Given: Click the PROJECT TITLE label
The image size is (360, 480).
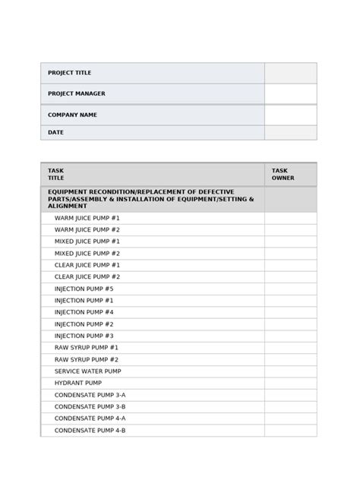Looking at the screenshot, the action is tap(69, 73).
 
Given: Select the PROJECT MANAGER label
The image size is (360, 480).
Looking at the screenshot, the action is tap(76, 93).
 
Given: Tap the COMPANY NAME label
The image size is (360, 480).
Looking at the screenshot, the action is tap(72, 115).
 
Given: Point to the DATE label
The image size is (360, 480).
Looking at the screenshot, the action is tap(55, 132).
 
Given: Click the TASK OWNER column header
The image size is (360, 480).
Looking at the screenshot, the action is tap(283, 174).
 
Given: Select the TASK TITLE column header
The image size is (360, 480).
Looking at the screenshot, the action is tap(56, 174).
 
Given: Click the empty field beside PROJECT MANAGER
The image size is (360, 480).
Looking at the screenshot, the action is tap(290, 93).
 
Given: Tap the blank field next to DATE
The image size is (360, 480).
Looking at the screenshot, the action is tap(290, 132).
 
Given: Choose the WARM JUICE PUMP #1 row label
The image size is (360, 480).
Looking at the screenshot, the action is tap(87, 218).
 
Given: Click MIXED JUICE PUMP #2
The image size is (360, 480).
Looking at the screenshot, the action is tap(87, 253).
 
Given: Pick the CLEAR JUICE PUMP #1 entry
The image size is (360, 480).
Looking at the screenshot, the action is tap(87, 265).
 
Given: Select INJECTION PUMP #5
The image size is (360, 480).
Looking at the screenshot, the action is tap(84, 289).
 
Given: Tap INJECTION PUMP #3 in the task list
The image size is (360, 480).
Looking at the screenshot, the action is tap(84, 336).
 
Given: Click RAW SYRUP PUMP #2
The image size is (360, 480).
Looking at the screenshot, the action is tap(86, 359).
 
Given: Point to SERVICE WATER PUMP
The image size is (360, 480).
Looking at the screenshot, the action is tap(87, 371).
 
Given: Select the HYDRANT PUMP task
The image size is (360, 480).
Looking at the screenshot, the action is tap(77, 383).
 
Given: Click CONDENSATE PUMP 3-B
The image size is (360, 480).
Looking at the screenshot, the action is tap(90, 406).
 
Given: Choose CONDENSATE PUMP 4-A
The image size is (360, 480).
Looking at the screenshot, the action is tap(90, 418).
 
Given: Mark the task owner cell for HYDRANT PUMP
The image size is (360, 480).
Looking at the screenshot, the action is tap(290, 383).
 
